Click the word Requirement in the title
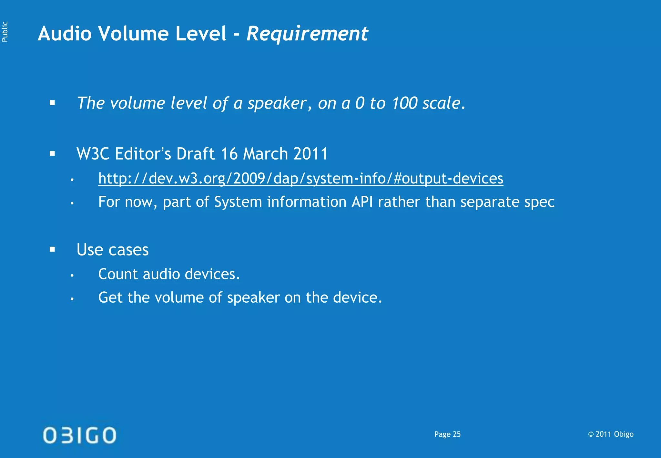307,34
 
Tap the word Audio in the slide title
65,34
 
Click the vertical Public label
5,32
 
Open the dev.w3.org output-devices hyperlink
300,179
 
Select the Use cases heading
112,250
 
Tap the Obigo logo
79,435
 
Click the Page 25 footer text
447,434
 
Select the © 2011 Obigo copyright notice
611,434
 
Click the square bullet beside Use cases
52,249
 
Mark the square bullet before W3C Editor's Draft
52,154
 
